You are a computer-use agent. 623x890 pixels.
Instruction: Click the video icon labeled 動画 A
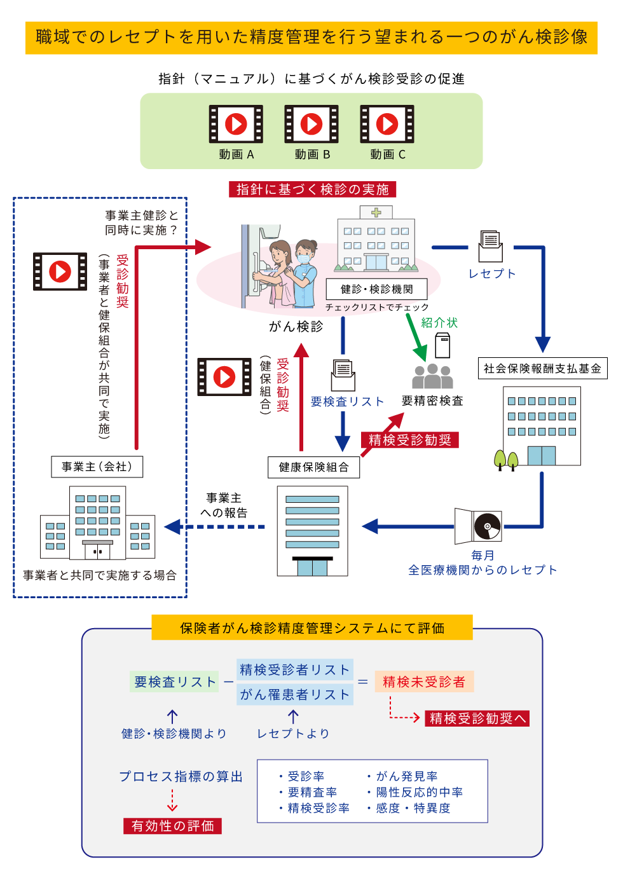[236, 124]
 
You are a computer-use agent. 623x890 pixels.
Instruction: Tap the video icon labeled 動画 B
[311, 124]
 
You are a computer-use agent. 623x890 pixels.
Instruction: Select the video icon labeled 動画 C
[387, 124]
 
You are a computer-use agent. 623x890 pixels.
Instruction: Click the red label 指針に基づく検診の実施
[312, 189]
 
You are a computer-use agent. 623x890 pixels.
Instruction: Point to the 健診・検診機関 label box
[376, 289]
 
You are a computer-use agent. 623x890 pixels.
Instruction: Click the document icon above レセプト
[491, 246]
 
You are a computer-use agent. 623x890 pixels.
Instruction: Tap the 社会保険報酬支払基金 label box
[542, 369]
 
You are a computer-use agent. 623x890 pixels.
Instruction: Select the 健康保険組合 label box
[313, 467]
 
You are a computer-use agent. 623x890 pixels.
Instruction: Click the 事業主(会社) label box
[97, 467]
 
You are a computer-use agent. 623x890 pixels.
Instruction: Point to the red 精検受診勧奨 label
[410, 440]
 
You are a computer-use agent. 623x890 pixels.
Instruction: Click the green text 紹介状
[439, 323]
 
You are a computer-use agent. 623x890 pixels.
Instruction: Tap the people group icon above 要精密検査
[432, 376]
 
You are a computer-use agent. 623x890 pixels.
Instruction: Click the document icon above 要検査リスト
[343, 375]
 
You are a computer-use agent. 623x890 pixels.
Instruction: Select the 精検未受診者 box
[424, 682]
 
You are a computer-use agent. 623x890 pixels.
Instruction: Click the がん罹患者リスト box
[295, 695]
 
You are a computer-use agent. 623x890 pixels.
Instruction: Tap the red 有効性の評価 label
[172, 826]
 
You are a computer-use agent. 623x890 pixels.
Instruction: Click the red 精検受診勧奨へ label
[477, 718]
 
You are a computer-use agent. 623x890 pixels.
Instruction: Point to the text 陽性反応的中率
[419, 792]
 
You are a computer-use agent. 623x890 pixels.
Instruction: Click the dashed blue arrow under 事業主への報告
[216, 526]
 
